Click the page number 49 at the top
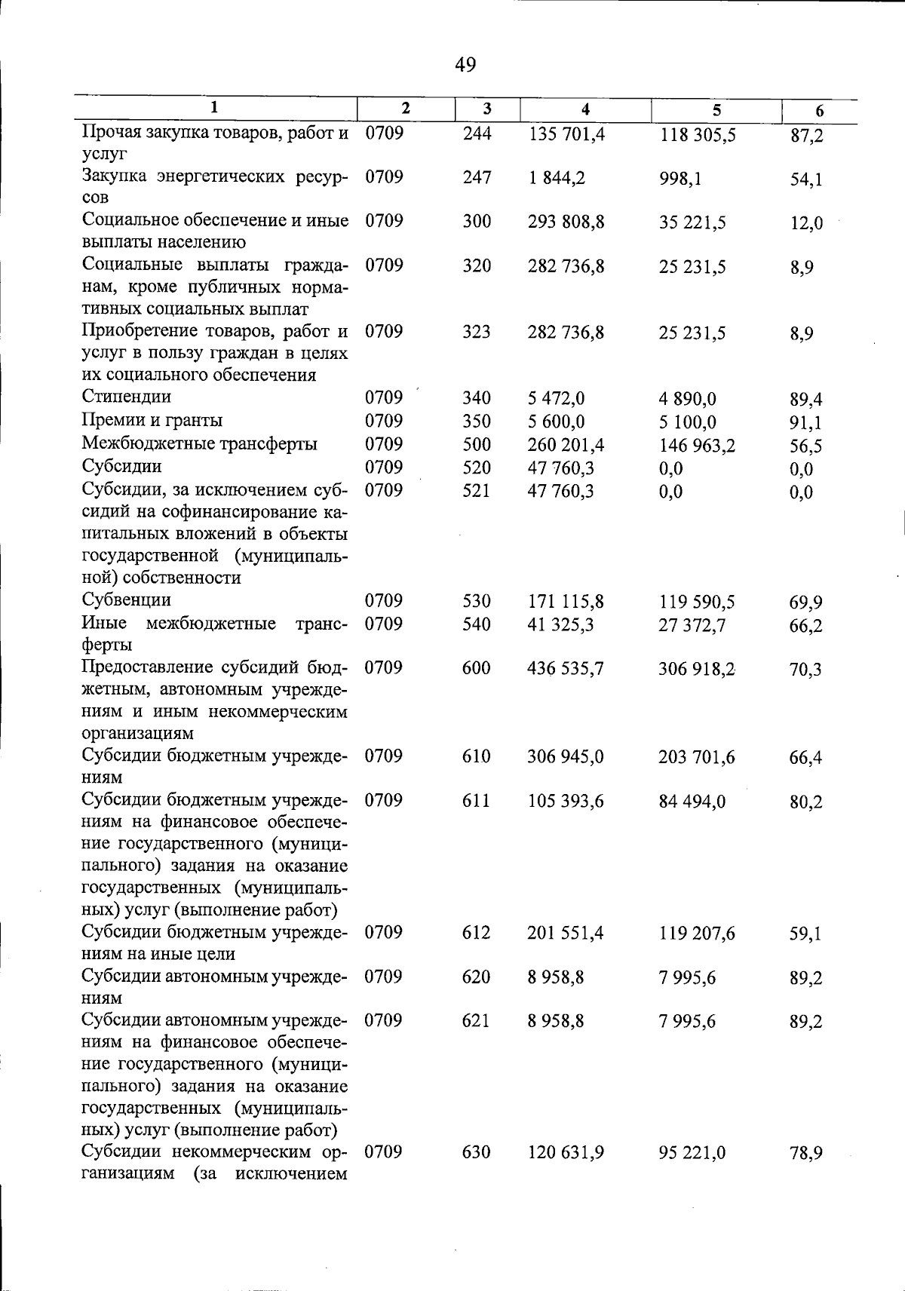pyautogui.click(x=465, y=66)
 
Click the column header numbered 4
pyautogui.click(x=585, y=109)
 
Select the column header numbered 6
pyautogui.click(x=820, y=111)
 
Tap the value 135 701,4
pyautogui.click(x=566, y=135)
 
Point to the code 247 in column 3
pyautogui.click(x=477, y=178)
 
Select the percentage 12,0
pyautogui.click(x=806, y=223)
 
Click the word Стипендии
pyautogui.click(x=127, y=397)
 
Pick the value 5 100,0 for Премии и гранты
pyautogui.click(x=688, y=422)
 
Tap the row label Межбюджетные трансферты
pyautogui.click(x=200, y=443)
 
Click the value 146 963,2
pyautogui.click(x=697, y=446)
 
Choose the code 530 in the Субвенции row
pyautogui.click(x=477, y=601)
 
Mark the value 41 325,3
pyautogui.click(x=560, y=624)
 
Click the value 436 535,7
pyautogui.click(x=566, y=669)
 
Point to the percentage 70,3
pyautogui.click(x=805, y=670)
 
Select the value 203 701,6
pyautogui.click(x=697, y=757)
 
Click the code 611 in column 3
pyautogui.click(x=477, y=801)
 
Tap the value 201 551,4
pyautogui.click(x=566, y=934)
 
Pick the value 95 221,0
pyautogui.click(x=692, y=1153)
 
